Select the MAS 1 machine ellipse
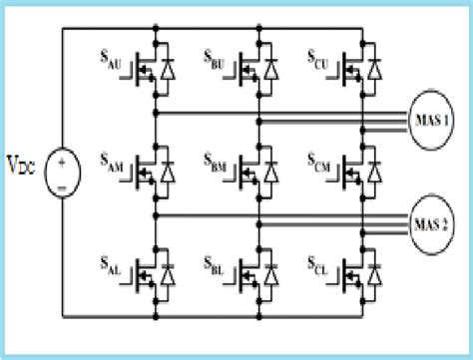click(x=430, y=122)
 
